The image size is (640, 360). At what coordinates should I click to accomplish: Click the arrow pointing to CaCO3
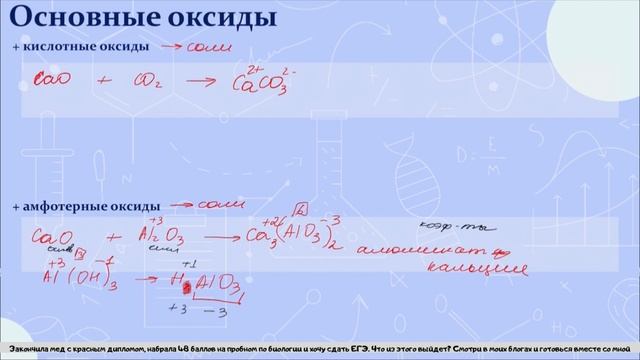[x=200, y=80]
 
